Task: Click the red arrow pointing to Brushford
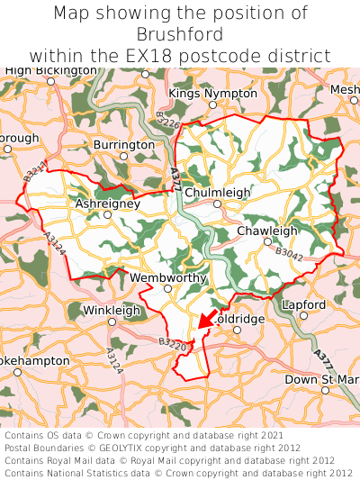(x=206, y=318)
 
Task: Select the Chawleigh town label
(x=266, y=231)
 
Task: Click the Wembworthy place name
(x=168, y=277)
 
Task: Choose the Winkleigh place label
(x=112, y=310)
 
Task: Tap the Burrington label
(x=124, y=144)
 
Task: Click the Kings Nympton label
(x=212, y=93)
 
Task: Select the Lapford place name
(x=304, y=304)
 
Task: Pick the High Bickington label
(x=50, y=69)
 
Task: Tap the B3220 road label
(x=171, y=342)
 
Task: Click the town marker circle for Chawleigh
(x=267, y=241)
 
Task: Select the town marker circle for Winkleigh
(x=112, y=322)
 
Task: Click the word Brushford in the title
(x=180, y=34)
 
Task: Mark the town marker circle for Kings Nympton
(x=213, y=104)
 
